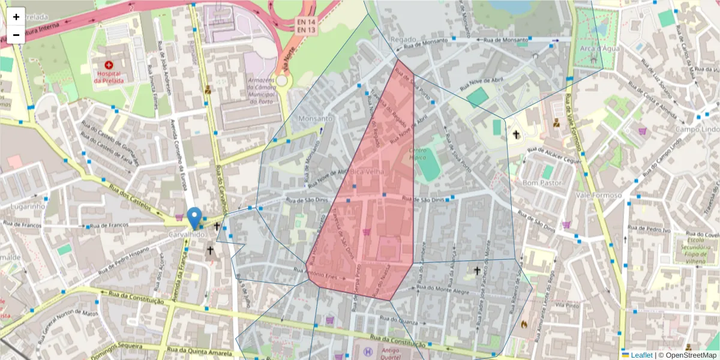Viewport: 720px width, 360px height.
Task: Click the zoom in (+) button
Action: pos(16,16)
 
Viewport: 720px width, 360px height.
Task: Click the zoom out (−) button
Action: pos(16,35)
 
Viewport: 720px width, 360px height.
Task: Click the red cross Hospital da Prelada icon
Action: pos(109,64)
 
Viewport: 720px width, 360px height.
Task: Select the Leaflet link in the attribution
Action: pos(641,355)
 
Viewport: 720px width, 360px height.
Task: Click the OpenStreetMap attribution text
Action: pos(688,355)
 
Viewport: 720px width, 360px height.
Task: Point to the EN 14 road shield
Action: pos(305,22)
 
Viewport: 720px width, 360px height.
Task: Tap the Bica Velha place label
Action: pos(368,172)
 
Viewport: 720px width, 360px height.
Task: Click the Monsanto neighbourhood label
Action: pos(315,119)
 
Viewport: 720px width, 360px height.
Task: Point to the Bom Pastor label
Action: pos(542,182)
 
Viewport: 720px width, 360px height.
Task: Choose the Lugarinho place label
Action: pos(28,206)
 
